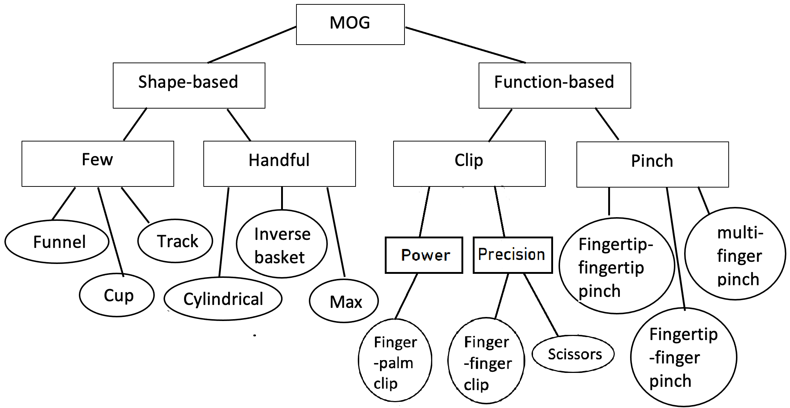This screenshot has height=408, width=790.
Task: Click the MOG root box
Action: coord(350,24)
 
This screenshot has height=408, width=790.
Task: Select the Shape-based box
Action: coord(189,85)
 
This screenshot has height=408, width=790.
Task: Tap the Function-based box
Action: coord(554,85)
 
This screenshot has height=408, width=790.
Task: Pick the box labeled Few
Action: coord(97,163)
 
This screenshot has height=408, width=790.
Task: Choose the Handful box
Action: coord(279,163)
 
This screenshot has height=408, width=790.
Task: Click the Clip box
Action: coord(469,163)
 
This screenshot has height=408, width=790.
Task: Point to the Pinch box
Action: coord(652,164)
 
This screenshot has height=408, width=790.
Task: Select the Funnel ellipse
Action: coord(57,242)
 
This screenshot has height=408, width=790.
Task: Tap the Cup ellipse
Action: coord(117,295)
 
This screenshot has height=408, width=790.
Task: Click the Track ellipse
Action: coord(175,241)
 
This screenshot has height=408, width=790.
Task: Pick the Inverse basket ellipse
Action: coord(281,244)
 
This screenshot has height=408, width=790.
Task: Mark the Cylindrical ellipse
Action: coord(223,299)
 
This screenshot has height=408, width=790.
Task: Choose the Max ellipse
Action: coord(344,301)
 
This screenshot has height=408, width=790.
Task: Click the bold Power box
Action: coord(424,255)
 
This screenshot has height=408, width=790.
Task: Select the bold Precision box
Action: coord(513,255)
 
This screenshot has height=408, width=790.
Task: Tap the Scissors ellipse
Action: coord(573,354)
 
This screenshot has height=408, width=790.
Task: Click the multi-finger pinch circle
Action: coord(735,254)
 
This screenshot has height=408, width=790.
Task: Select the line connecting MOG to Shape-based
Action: coord(252,45)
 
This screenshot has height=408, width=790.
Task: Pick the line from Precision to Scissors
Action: coord(541,305)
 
